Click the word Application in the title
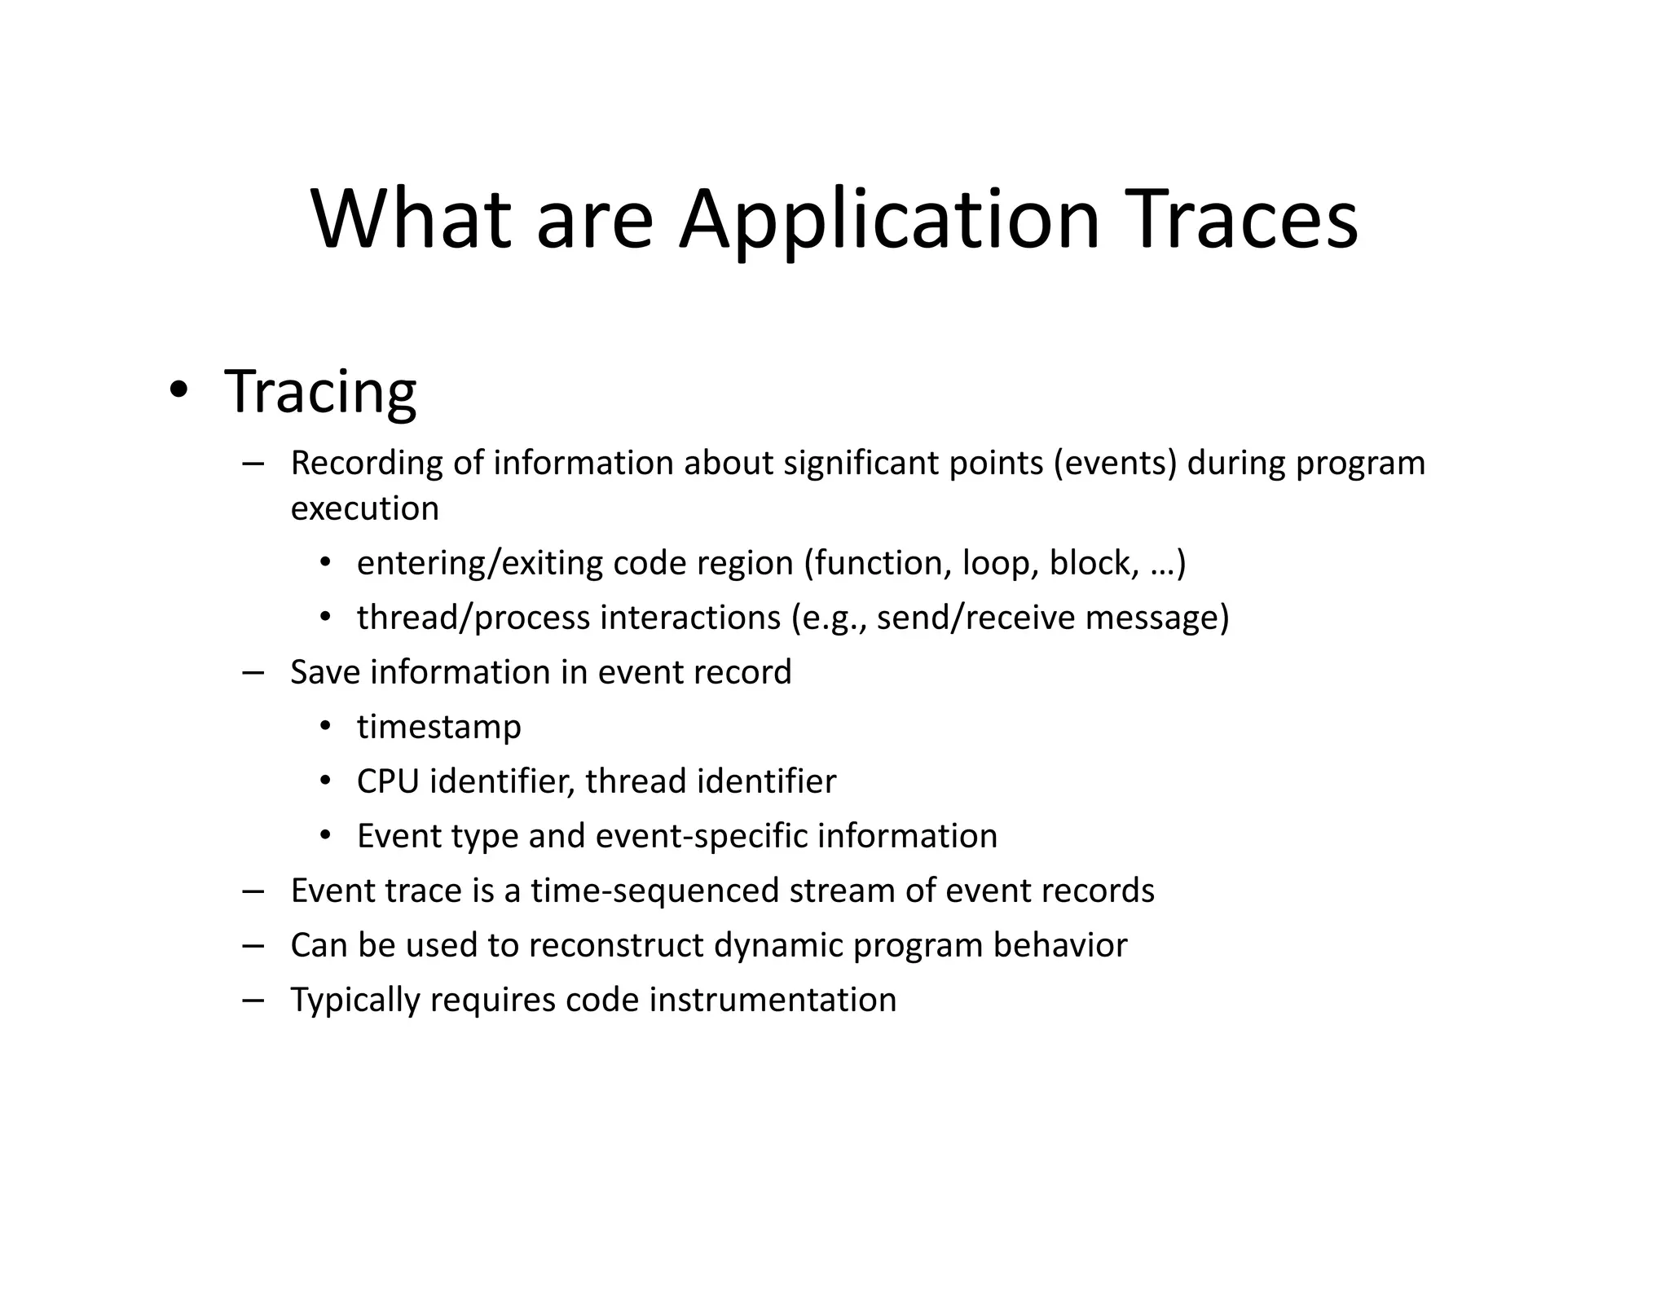point(889,220)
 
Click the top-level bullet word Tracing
point(320,392)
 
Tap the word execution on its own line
point(364,508)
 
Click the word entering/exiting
point(479,563)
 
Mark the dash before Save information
point(253,673)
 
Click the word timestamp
point(438,727)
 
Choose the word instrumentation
point(773,1000)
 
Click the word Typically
point(354,1000)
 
